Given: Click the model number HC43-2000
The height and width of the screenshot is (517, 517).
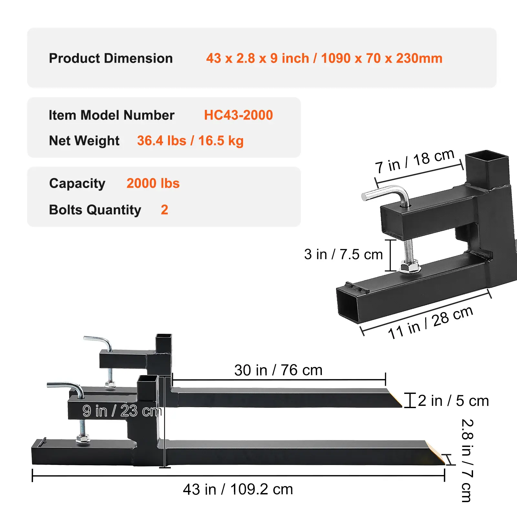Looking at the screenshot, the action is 238,115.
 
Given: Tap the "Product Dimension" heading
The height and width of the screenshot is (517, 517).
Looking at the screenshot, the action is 111,58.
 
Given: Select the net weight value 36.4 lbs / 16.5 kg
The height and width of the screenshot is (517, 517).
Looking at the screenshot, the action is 190,141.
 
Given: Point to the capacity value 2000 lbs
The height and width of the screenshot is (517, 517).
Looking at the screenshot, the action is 153,183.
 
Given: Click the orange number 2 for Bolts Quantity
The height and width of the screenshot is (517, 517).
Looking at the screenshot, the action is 164,210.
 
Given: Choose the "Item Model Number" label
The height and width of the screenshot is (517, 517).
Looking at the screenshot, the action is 111,115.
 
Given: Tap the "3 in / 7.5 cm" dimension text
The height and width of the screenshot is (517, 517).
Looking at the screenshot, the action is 343,254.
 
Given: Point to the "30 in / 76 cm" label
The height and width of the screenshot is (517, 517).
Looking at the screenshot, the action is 279,370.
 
